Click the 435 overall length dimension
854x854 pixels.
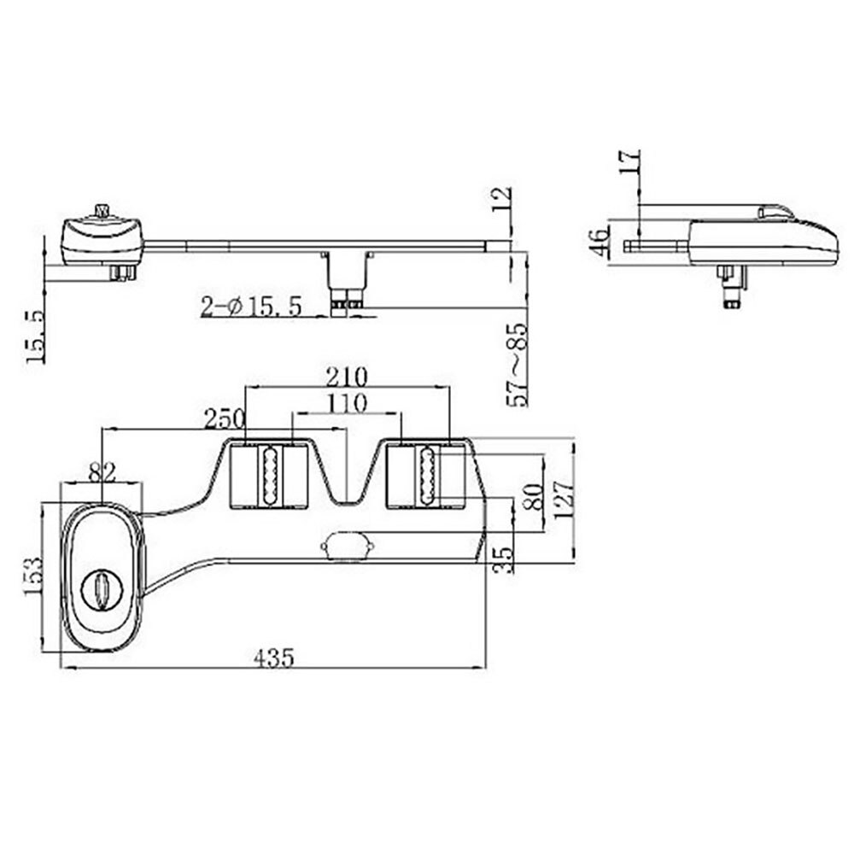pos(273,658)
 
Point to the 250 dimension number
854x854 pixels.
pos(224,418)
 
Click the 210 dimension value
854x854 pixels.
pos(346,376)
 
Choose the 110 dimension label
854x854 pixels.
pos(346,403)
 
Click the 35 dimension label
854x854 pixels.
pos(505,558)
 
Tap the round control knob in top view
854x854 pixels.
pos(101,590)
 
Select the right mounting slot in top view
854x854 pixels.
pos(424,476)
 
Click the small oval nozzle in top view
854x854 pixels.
pos(346,544)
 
